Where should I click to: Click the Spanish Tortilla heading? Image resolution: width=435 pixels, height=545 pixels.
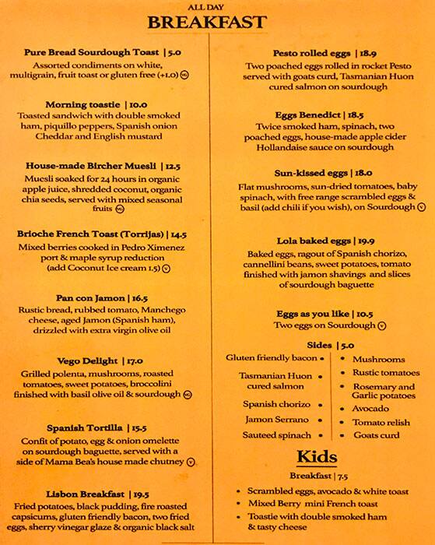click(84, 427)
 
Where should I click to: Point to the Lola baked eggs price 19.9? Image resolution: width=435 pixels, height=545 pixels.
click(370, 241)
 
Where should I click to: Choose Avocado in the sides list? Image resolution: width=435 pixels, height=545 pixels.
click(370, 408)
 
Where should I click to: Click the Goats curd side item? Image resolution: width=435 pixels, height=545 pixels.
click(376, 435)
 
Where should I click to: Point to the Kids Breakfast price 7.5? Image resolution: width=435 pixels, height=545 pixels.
click(342, 475)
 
